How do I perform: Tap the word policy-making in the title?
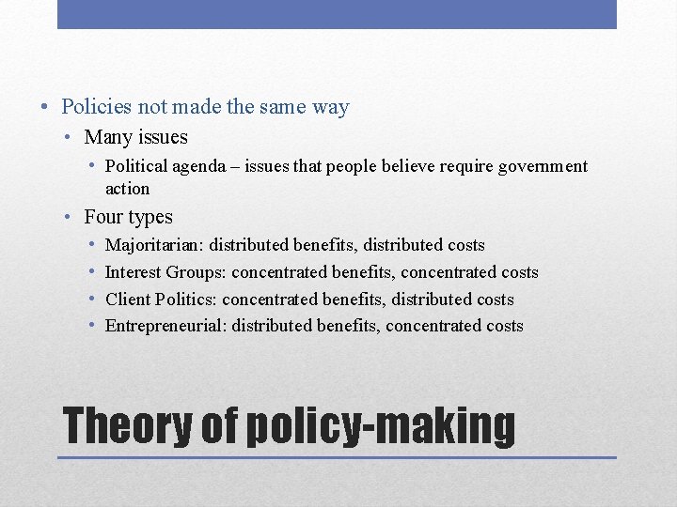(x=381, y=426)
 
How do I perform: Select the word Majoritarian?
(x=154, y=245)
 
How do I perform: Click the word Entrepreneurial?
(x=165, y=326)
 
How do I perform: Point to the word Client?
(x=127, y=300)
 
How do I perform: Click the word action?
(x=127, y=189)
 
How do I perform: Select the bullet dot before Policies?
(x=47, y=107)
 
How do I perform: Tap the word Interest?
(x=133, y=272)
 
